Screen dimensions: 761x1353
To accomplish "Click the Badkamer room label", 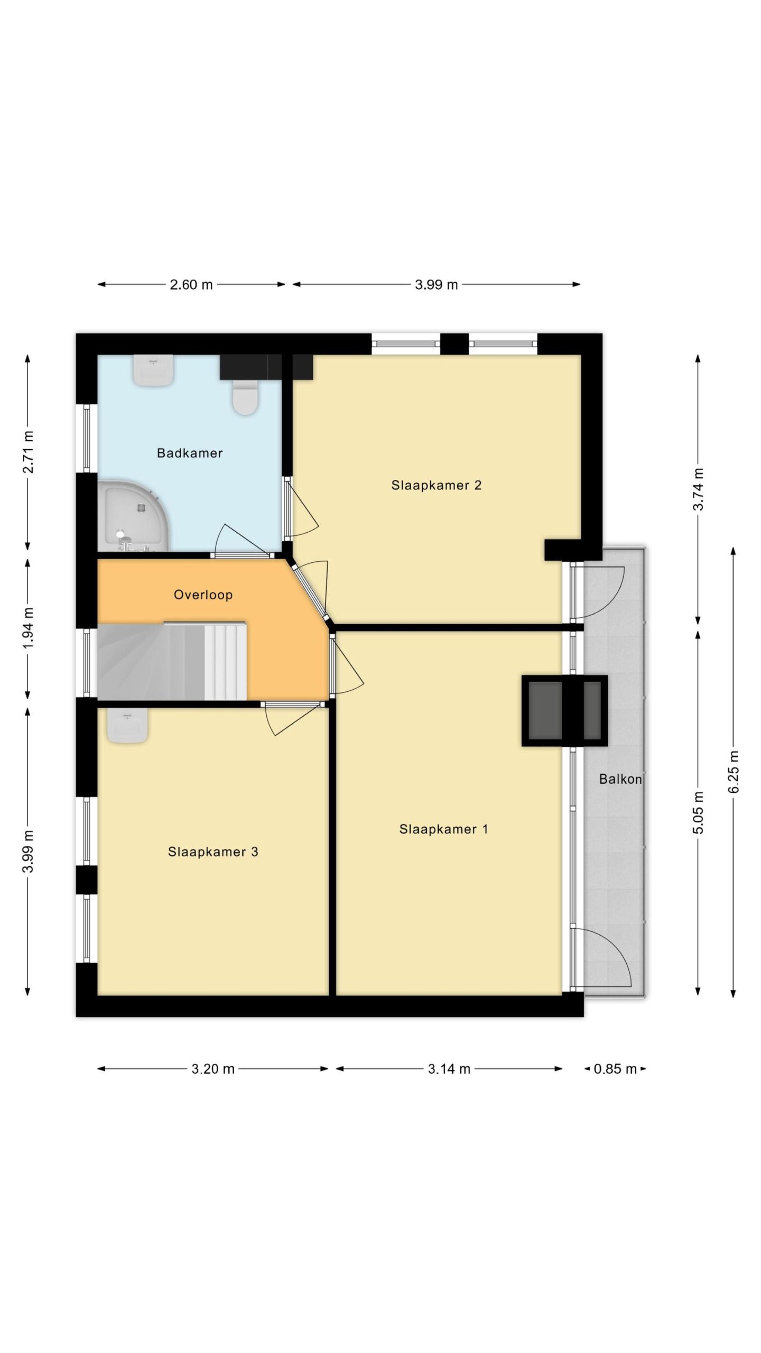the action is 190,453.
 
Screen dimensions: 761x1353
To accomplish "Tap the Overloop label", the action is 203,595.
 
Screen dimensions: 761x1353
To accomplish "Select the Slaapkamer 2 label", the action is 437,485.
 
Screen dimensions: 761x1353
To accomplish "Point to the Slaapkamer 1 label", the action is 444,829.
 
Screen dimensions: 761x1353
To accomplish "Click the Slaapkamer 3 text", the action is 213,851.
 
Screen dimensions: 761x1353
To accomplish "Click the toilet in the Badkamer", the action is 245,397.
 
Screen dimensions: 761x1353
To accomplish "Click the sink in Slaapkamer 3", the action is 127,725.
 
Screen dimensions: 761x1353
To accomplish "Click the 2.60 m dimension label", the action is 191,285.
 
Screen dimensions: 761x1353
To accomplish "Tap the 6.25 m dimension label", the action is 734,772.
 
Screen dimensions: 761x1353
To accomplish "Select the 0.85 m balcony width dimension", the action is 615,1069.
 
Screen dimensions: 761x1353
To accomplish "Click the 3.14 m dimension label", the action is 449,1069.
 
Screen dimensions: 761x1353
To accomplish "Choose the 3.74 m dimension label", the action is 698,489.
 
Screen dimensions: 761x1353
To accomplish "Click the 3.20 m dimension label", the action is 213,1069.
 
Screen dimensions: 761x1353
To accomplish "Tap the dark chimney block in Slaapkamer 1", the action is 564,711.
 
